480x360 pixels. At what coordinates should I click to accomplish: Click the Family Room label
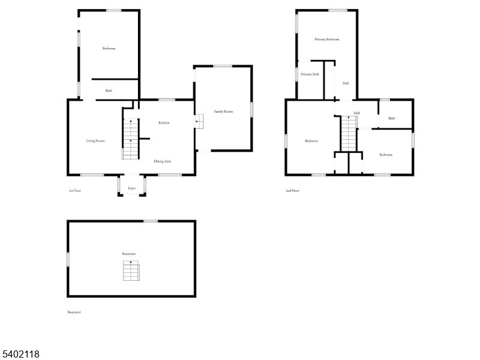coord(224,112)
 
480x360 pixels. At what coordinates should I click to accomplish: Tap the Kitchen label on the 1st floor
coord(164,123)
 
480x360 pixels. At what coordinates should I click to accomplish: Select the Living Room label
coord(95,141)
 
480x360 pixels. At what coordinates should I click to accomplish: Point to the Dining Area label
coord(163,161)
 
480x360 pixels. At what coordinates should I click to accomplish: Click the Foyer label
coord(132,188)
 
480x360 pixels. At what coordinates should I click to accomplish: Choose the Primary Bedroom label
coord(327,40)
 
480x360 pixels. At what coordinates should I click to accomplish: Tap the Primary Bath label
coord(310,74)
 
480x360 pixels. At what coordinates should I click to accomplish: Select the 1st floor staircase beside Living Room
coord(131,139)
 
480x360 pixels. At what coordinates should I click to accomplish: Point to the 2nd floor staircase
coord(349,133)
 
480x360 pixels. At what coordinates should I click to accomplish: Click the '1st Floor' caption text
coord(74,191)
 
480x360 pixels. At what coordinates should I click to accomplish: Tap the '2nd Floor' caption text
coord(292,191)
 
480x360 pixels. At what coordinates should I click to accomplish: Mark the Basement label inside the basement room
coord(129,254)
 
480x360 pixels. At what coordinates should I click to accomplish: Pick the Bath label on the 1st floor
coord(109,91)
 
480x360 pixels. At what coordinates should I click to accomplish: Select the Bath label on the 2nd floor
coord(392,118)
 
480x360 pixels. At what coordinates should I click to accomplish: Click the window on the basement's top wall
coord(151,221)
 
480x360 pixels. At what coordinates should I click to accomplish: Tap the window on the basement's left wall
coord(68,259)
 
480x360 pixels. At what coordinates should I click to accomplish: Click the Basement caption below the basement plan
coord(74,312)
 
